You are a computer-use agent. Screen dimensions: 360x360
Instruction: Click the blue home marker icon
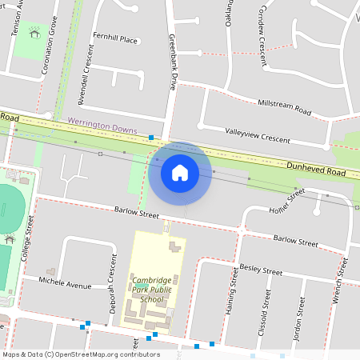tap(180, 173)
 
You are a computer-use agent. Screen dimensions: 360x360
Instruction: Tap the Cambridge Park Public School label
tap(151, 290)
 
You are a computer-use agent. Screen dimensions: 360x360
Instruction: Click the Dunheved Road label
tap(316, 168)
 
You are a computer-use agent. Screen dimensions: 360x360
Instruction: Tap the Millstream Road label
tap(285, 106)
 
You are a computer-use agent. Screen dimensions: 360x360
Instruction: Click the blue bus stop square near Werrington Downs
tap(151, 138)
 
